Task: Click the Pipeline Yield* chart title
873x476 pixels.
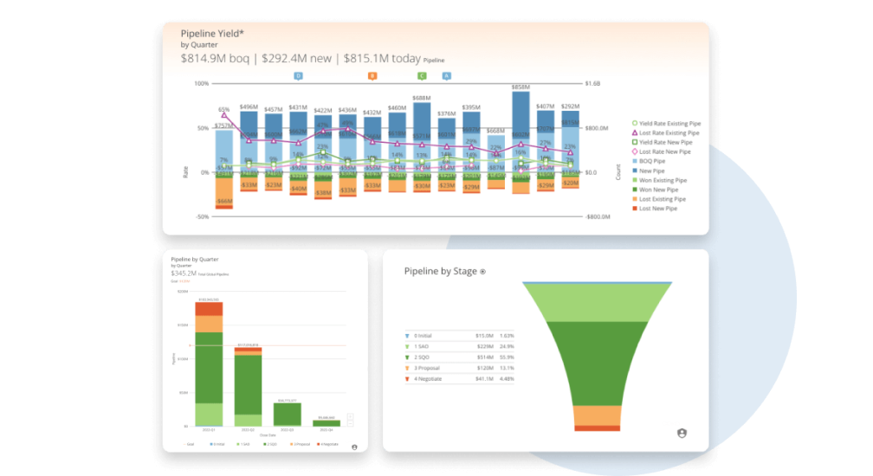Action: [x=212, y=33]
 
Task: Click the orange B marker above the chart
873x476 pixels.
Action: [x=372, y=76]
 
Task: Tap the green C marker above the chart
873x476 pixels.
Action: [x=422, y=76]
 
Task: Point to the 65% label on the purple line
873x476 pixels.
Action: [x=224, y=109]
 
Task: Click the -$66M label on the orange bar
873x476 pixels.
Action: [x=224, y=201]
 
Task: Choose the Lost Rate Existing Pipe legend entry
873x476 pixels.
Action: [x=669, y=133]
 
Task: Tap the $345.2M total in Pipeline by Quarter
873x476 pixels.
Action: [x=184, y=273]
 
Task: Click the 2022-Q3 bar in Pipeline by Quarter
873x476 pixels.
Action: [x=288, y=415]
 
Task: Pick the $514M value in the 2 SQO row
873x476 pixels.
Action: [x=484, y=357]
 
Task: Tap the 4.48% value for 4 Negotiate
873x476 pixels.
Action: [x=508, y=378]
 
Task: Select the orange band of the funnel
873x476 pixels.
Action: [x=597, y=415]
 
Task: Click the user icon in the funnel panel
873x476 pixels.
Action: [x=682, y=433]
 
